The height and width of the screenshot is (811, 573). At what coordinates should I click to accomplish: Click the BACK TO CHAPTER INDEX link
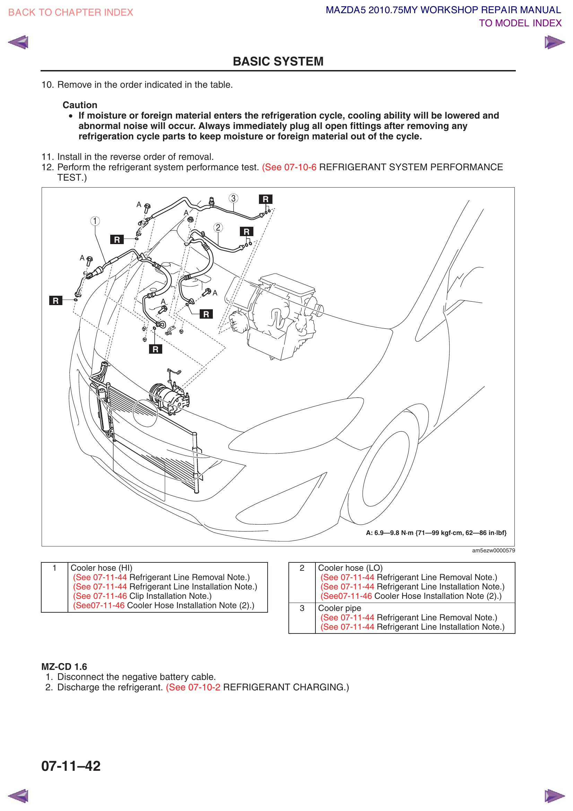pos(71,12)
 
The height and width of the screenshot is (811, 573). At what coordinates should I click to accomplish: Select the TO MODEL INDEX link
pos(520,23)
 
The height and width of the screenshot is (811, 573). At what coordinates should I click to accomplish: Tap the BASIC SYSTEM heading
pos(278,61)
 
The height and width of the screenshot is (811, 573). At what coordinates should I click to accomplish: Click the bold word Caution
pos(80,105)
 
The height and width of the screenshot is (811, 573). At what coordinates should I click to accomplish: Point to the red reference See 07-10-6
pos(289,167)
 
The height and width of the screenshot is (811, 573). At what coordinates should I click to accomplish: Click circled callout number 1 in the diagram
pos(95,221)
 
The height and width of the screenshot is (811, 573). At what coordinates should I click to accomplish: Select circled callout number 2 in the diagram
pos(218,227)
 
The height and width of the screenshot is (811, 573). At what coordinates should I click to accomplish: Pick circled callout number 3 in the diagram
pos(233,198)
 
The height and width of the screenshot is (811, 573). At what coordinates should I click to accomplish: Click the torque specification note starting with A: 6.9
pos(436,533)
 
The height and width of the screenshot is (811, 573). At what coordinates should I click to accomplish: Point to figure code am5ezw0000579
pos(494,550)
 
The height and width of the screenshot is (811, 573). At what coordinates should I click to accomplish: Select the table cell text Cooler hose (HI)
pos(101,568)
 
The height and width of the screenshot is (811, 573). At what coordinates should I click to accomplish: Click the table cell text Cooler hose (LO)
pos(350,568)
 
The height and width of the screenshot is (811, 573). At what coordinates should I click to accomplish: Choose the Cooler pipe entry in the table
pos(339,608)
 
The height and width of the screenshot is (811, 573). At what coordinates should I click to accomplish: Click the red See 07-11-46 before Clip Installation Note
pos(100,596)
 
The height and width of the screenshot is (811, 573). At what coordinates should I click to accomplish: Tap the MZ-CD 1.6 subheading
pos(64,666)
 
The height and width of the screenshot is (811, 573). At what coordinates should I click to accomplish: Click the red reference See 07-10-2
pos(193,687)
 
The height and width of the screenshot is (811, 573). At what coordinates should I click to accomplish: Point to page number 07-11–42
pos(71,766)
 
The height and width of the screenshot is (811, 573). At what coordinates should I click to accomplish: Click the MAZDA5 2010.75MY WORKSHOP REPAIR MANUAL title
pos(443,10)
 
